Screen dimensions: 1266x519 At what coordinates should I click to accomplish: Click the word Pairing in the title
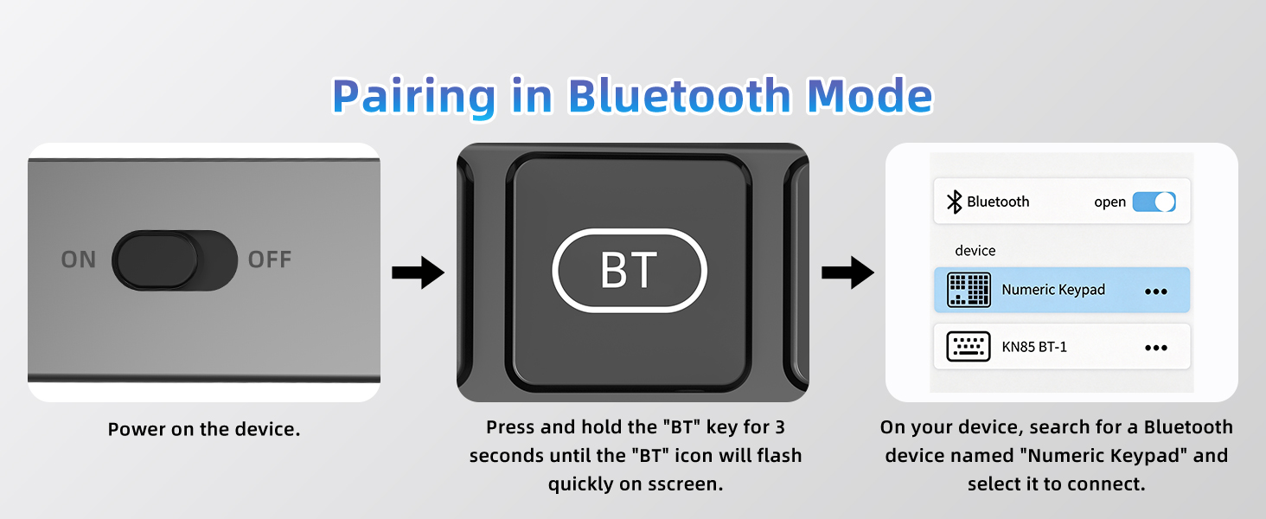pyautogui.click(x=413, y=97)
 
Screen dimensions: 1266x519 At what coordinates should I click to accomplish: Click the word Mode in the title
pyautogui.click(x=869, y=95)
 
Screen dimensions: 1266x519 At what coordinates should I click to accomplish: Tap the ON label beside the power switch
pyautogui.click(x=79, y=259)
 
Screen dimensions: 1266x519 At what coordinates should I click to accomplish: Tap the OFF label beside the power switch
pyautogui.click(x=270, y=259)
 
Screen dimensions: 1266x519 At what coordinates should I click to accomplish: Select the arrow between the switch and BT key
pyautogui.click(x=419, y=272)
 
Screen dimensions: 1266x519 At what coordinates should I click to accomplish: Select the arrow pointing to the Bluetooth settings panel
pyautogui.click(x=847, y=272)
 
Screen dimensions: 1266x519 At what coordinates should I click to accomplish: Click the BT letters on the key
pyautogui.click(x=629, y=270)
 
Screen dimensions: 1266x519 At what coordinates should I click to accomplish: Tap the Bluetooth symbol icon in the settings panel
pyautogui.click(x=954, y=202)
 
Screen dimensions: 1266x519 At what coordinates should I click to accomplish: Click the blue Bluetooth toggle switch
pyautogui.click(x=1154, y=202)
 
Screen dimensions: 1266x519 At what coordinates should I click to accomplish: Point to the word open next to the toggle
pyautogui.click(x=1109, y=202)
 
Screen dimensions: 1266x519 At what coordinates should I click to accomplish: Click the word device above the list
pyautogui.click(x=975, y=251)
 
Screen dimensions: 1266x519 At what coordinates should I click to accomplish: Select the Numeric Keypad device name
pyautogui.click(x=1053, y=290)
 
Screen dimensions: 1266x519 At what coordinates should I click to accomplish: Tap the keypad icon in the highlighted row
pyautogui.click(x=969, y=290)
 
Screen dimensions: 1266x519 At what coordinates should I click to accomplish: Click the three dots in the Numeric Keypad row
pyautogui.click(x=1156, y=292)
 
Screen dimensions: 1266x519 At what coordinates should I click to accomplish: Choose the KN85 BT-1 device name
pyautogui.click(x=1034, y=347)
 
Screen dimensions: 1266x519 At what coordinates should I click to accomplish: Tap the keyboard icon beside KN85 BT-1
pyautogui.click(x=969, y=346)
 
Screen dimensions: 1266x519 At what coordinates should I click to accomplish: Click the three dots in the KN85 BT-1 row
pyautogui.click(x=1156, y=348)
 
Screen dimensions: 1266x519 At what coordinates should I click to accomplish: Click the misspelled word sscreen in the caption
pyautogui.click(x=685, y=484)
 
